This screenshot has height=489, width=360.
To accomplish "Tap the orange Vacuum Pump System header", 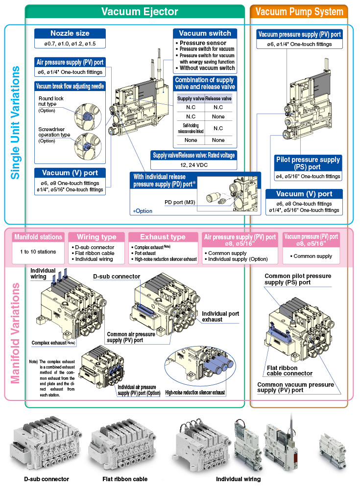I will [x=299, y=12].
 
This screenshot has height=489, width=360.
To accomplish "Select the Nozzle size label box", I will [x=70, y=33].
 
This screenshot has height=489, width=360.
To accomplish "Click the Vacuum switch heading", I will [x=205, y=33].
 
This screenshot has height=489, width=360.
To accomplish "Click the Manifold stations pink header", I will [x=38, y=237].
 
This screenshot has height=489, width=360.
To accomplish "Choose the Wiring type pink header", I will [x=96, y=237].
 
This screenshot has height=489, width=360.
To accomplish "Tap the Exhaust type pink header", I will [x=163, y=237].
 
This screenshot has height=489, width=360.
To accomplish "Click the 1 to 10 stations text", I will [x=38, y=252].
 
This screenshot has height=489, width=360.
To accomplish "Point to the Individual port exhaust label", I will [x=219, y=316].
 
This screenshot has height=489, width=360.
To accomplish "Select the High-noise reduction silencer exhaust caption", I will [x=195, y=392].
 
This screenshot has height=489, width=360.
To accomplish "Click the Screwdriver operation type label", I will [x=54, y=132].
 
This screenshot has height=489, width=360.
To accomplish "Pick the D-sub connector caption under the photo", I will [x=47, y=479].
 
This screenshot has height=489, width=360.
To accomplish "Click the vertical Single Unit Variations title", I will [x=15, y=122].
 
